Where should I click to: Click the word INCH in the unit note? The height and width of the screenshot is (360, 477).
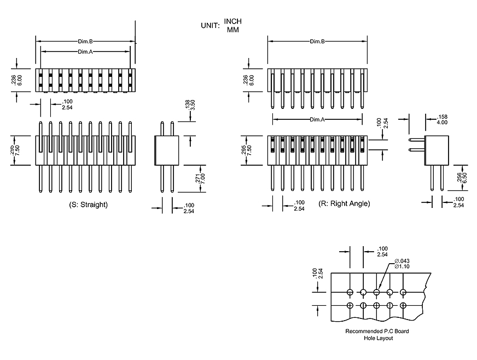232,21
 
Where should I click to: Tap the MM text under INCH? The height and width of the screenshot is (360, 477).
232,30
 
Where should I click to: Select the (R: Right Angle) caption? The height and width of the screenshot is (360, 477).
344,204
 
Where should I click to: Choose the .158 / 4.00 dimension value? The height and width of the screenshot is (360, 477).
440,120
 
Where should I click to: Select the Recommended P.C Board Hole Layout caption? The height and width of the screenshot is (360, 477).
377,334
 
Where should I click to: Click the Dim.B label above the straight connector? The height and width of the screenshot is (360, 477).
85,42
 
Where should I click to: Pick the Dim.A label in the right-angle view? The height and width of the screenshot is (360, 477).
317,119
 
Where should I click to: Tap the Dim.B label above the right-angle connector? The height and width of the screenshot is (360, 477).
317,42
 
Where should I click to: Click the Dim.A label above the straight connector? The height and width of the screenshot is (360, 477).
85,51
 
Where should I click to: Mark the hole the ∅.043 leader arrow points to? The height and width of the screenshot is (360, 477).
376,292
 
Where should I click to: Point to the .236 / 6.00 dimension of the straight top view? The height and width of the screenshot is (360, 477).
16,80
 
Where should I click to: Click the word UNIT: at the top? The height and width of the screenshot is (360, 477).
210,25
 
